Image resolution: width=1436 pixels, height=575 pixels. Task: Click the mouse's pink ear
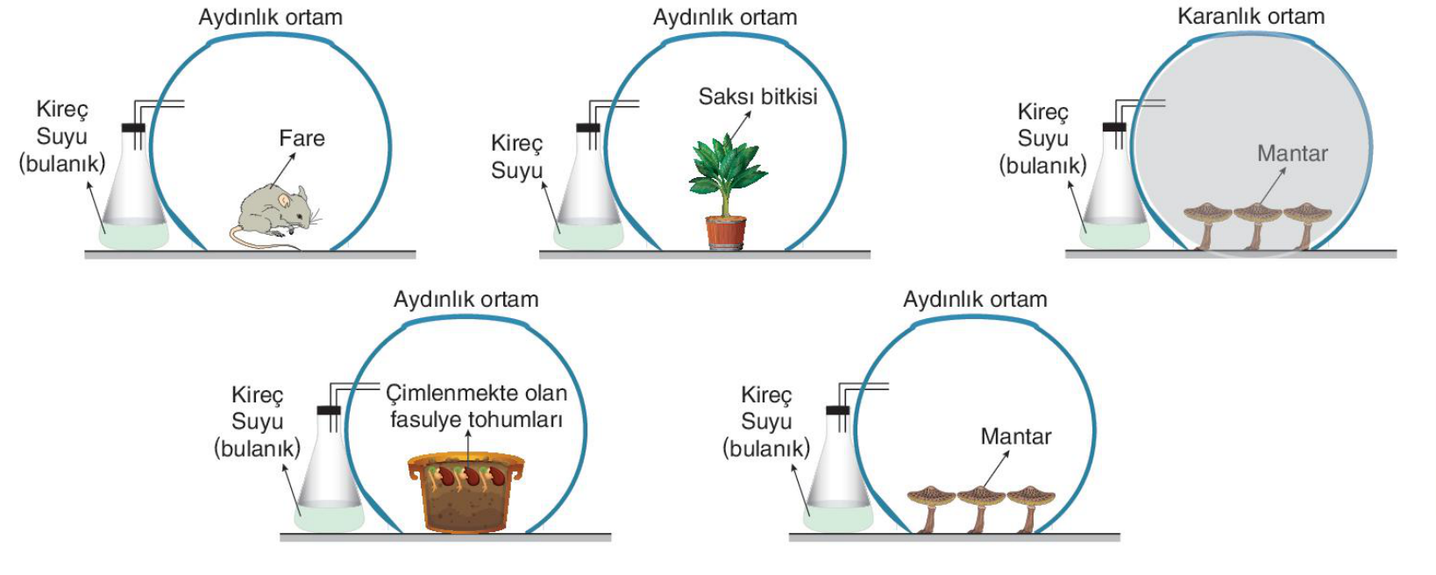[285, 201]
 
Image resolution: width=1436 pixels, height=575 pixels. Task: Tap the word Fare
[302, 138]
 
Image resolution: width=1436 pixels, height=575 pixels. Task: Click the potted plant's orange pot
[726, 232]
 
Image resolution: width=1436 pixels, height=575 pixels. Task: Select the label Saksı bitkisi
[757, 96]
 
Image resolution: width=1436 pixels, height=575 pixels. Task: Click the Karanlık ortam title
[1251, 16]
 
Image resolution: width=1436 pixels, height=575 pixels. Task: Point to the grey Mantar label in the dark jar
[1291, 153]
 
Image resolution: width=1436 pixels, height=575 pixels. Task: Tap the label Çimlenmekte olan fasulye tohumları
[476, 406]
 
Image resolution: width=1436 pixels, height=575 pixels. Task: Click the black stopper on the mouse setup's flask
[132, 128]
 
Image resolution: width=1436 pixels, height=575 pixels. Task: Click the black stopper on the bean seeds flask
[328, 410]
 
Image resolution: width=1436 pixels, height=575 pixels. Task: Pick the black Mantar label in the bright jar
[1015, 437]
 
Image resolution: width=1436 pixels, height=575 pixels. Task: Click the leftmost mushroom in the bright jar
[931, 509]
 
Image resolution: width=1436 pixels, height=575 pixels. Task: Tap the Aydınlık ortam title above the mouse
[271, 18]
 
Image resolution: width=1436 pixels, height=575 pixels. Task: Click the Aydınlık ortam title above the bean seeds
[466, 300]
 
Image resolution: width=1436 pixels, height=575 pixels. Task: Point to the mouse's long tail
[256, 239]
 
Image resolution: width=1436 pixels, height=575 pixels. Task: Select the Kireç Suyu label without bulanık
[516, 157]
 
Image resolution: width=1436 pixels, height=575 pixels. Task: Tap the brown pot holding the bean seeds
[466, 493]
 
